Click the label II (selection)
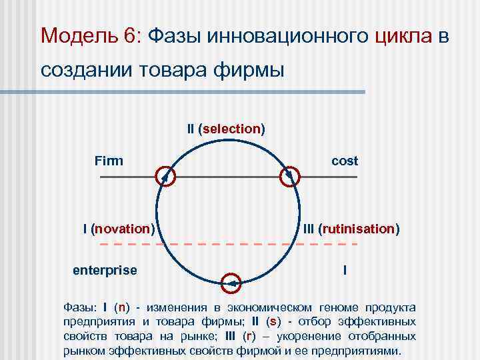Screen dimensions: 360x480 tap(226, 128)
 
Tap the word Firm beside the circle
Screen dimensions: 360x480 tap(109, 161)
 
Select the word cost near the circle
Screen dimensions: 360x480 tap(345, 161)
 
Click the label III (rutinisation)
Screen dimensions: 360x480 tap(351, 229)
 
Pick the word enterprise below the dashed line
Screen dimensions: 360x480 tap(105, 270)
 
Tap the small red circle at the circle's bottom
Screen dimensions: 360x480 tap(230, 283)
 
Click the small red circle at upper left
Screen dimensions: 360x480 tap(165, 177)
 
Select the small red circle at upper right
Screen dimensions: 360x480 tap(289, 177)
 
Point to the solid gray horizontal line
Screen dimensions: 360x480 tap(227, 177)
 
